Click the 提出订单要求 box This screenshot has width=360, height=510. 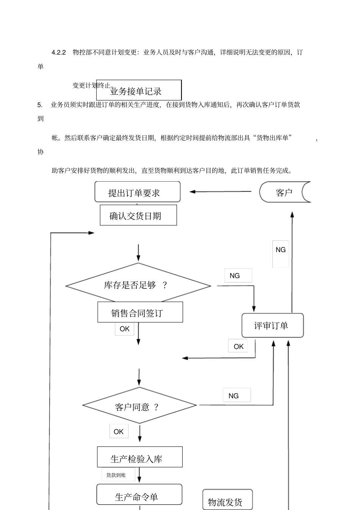(x=137, y=192)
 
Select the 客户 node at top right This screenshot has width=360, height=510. (x=285, y=192)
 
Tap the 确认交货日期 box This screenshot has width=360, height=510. (x=138, y=215)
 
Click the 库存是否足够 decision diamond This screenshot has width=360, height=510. (x=138, y=285)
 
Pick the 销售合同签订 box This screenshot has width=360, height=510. (x=140, y=312)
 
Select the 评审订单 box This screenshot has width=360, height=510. (x=272, y=325)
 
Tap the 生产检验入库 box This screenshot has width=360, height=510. (x=139, y=457)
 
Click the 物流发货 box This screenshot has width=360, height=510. (x=227, y=501)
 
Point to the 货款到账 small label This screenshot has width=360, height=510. (x=117, y=475)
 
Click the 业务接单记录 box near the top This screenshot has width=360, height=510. (x=139, y=90)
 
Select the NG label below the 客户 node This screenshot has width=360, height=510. (x=280, y=250)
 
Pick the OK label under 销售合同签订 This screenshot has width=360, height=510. (x=125, y=329)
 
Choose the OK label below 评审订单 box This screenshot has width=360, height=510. (x=238, y=346)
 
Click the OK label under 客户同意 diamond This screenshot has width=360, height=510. (x=119, y=432)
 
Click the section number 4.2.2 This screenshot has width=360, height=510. (x=59, y=52)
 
